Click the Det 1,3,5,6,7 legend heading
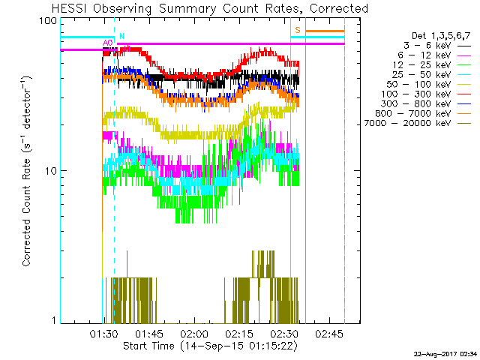(441, 35)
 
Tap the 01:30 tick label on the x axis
(103, 332)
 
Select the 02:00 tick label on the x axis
(193, 332)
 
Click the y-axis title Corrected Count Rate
(26, 171)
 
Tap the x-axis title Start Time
(210, 346)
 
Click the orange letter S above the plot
(298, 30)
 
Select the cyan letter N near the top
(121, 36)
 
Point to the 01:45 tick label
(148, 332)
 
